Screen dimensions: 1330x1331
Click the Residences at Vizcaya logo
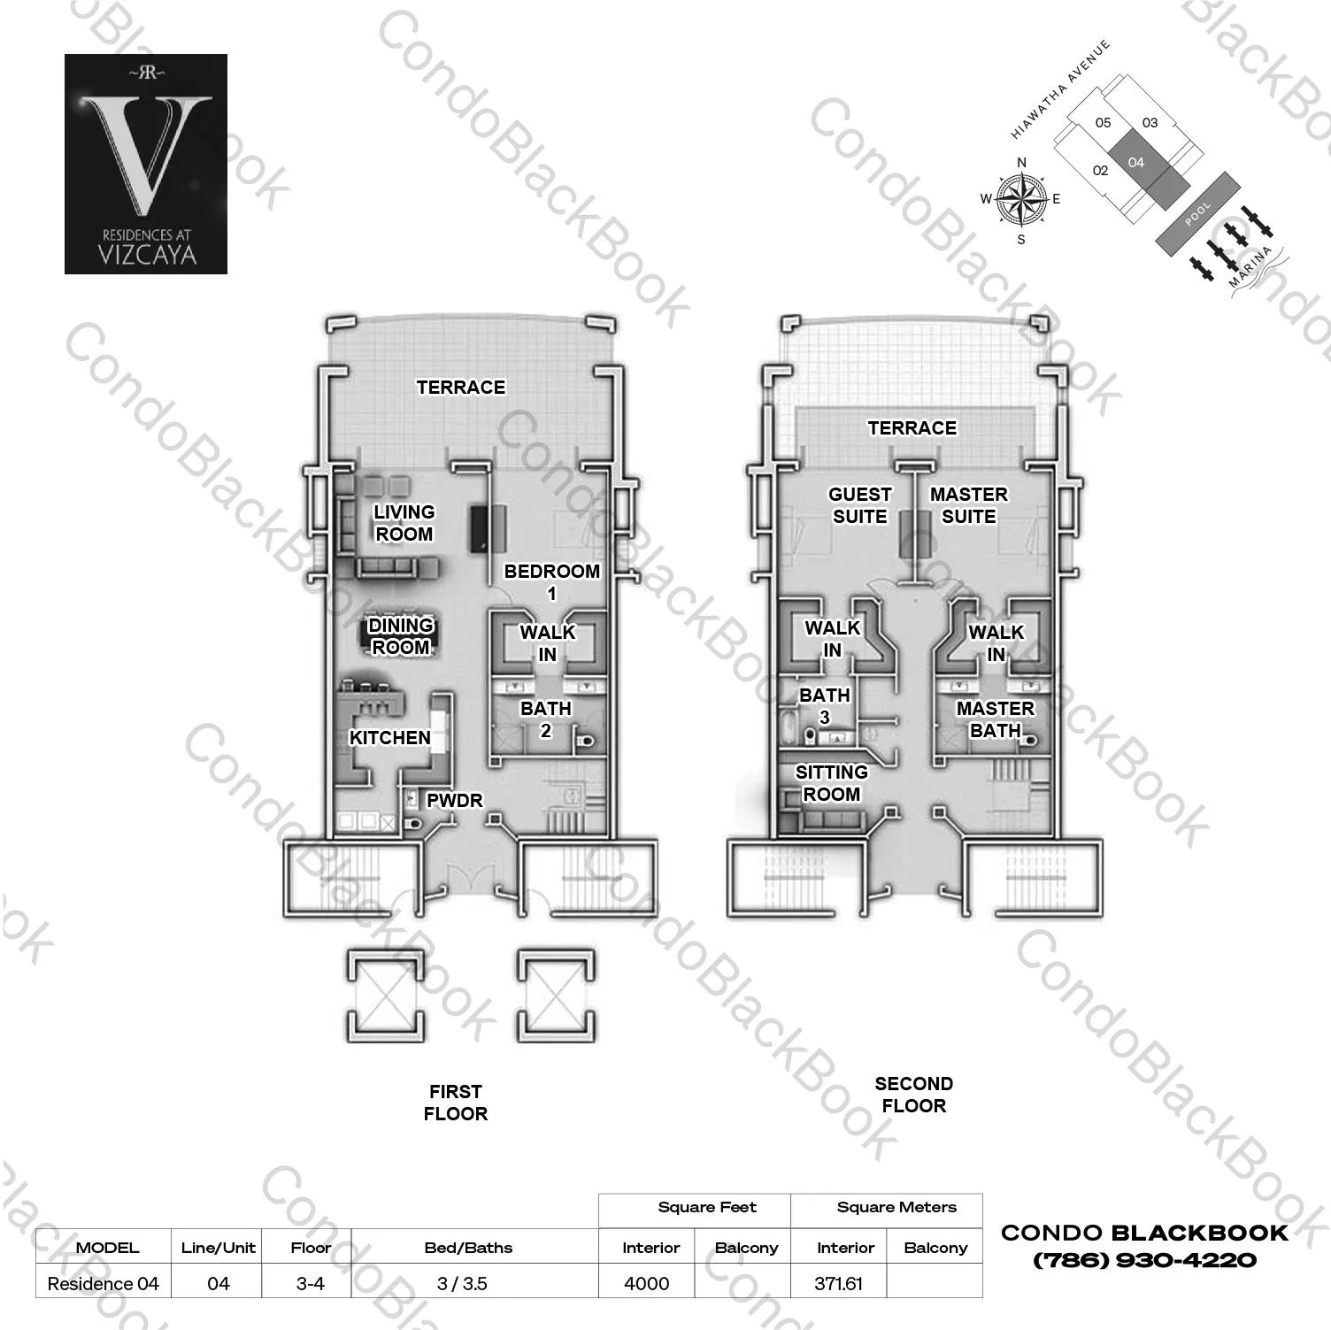click(146, 164)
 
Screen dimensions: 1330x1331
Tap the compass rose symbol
click(1021, 198)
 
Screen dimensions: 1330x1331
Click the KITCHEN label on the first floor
click(389, 737)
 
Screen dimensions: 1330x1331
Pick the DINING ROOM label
click(401, 636)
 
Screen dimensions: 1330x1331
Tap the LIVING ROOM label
click(404, 523)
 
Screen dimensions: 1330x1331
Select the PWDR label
click(455, 801)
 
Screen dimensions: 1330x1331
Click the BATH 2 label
click(546, 719)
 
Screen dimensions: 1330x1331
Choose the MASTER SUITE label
click(969, 505)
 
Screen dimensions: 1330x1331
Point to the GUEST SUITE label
click(859, 505)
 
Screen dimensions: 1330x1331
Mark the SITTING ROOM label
click(832, 783)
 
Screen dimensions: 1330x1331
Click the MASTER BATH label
click(995, 719)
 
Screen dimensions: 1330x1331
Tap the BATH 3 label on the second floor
click(825, 706)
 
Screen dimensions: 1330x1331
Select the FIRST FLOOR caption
click(456, 1103)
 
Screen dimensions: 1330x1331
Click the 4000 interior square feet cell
click(647, 1283)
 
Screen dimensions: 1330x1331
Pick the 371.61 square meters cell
click(838, 1283)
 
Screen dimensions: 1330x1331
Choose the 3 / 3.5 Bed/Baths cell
click(463, 1283)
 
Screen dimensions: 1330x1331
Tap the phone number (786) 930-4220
click(1144, 1260)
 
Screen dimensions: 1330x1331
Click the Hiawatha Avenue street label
click(1060, 90)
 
